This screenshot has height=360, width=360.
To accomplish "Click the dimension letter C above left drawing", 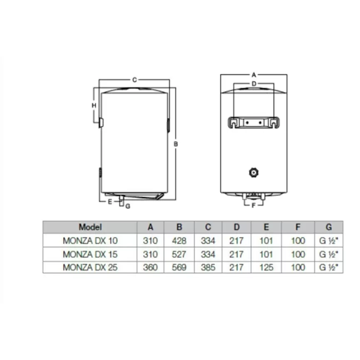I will tap(134, 79).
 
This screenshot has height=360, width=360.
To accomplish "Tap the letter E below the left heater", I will tap(110, 202).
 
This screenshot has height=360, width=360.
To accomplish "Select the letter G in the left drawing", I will tap(128, 206).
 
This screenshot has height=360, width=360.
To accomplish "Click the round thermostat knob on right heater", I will tap(253, 173).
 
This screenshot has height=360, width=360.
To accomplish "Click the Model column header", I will tap(91, 227).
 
